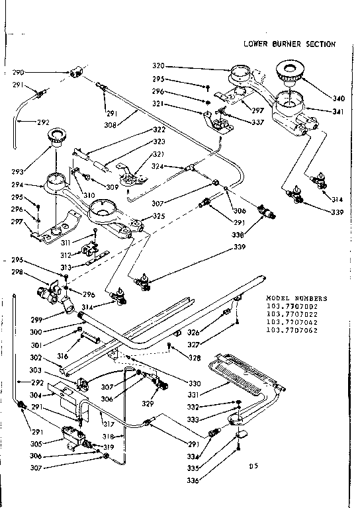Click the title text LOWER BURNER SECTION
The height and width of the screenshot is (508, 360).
(x=289, y=44)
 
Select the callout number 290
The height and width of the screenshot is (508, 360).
(x=19, y=72)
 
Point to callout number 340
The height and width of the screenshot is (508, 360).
(x=339, y=99)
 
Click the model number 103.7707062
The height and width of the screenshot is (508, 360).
(x=298, y=330)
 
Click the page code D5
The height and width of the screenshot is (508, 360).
(x=253, y=466)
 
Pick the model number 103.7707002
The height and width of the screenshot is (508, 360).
(x=298, y=306)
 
